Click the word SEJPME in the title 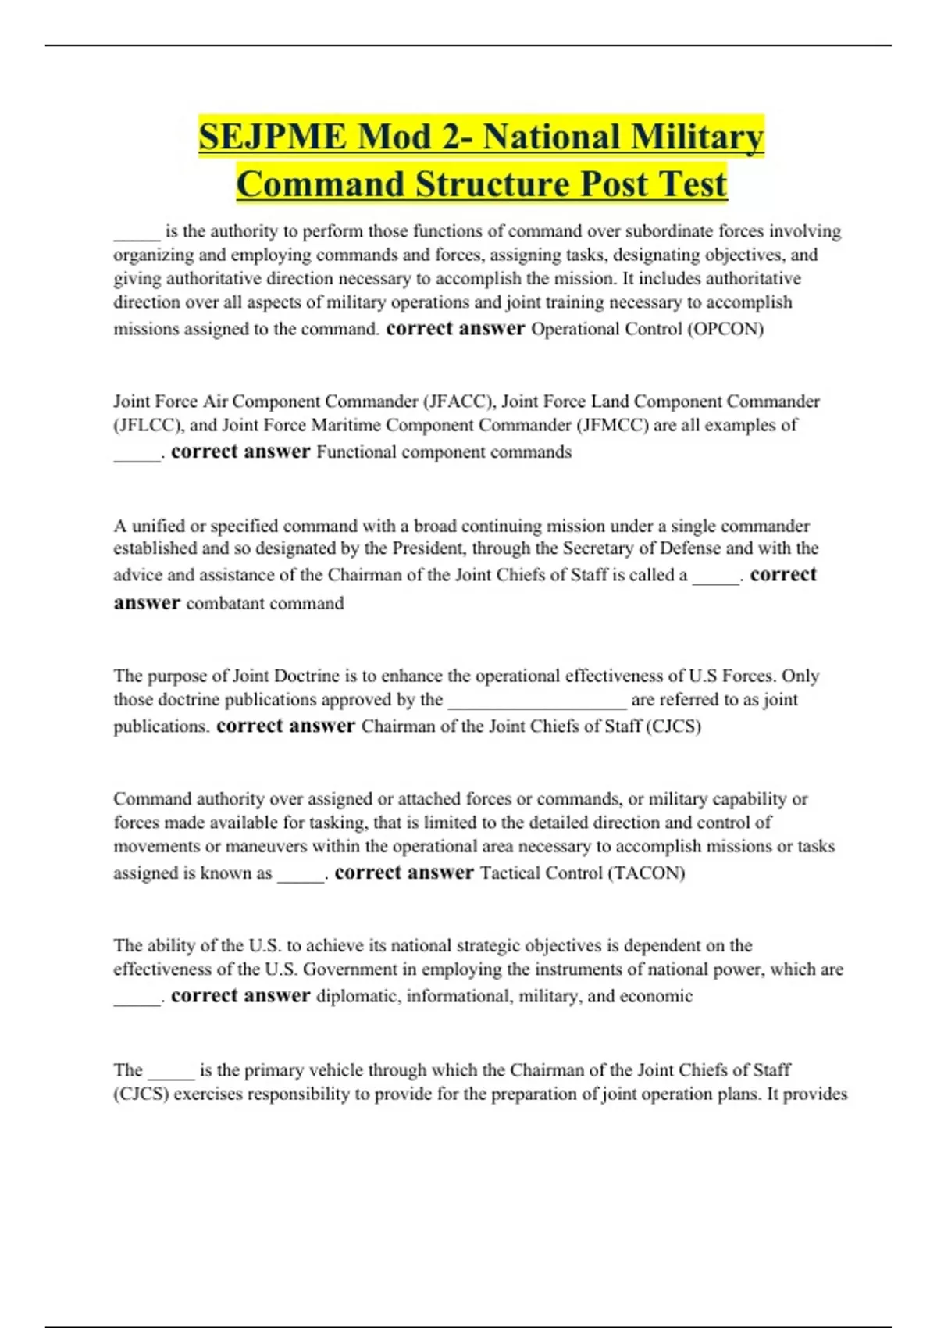(272, 137)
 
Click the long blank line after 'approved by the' (537, 701)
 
